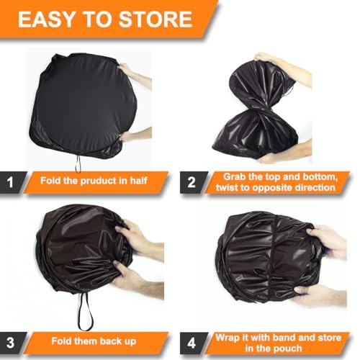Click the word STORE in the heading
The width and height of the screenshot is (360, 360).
[156, 19]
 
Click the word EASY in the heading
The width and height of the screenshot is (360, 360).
[45, 19]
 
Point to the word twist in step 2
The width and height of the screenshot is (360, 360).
[228, 187]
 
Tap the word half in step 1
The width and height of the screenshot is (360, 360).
[138, 181]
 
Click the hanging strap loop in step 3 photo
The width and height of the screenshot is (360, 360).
[84, 312]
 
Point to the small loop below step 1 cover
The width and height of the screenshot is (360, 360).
[78, 164]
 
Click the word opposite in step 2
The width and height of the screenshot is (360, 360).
[273, 187]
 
